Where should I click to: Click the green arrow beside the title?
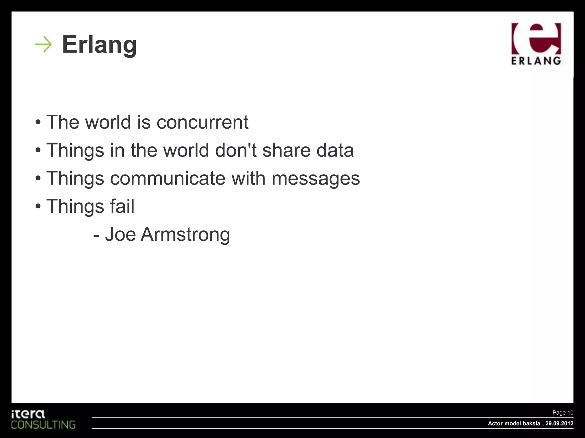pos(43,44)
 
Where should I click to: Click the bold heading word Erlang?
pos(99,44)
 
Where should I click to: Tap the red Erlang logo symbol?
pos(536,39)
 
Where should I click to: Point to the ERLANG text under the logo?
pos(536,61)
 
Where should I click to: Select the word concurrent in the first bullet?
pos(202,122)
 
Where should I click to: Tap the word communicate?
pos(168,178)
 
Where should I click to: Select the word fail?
pos(122,206)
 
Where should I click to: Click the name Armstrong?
pos(185,234)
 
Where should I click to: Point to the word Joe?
pos(120,234)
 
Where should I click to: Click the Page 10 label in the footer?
pos(563,413)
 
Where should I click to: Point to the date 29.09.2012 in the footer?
pos(559,423)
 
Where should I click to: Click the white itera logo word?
pos(28,414)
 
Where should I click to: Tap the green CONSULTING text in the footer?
pos(43,425)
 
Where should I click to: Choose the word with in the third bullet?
pos(248,178)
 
